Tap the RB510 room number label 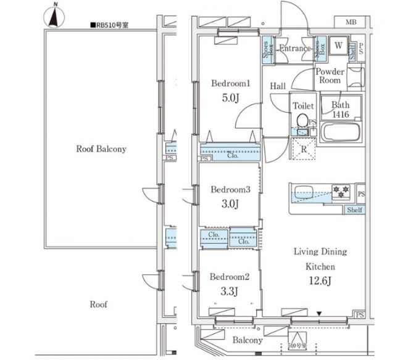click(x=114, y=26)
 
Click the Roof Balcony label click(x=101, y=149)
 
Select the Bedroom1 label click(x=230, y=84)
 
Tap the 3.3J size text click(x=230, y=291)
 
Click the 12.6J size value click(x=320, y=282)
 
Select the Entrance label click(x=294, y=49)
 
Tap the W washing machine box click(x=338, y=46)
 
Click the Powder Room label click(x=330, y=76)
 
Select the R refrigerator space click(x=304, y=148)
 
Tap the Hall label click(x=278, y=86)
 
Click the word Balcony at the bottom click(x=247, y=340)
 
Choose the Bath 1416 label click(x=340, y=110)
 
